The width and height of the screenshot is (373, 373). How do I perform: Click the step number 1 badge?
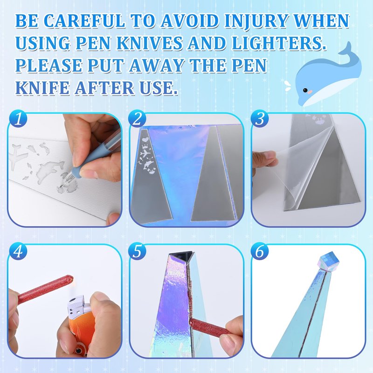(x=18, y=118)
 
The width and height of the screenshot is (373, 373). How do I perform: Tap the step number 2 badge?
(x=137, y=118)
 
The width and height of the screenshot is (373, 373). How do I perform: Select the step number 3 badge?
(x=260, y=118)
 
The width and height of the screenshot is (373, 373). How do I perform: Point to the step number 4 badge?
(x=18, y=251)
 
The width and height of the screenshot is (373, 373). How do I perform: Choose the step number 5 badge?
(x=137, y=251)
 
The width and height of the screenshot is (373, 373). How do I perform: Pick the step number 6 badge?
(x=260, y=251)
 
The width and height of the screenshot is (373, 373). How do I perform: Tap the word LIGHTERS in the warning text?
(x=279, y=43)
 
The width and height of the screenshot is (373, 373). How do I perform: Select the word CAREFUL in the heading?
(x=85, y=21)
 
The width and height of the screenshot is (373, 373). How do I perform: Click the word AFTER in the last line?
(x=104, y=88)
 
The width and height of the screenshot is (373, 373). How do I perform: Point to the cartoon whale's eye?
(x=305, y=90)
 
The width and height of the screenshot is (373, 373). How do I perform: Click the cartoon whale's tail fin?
(x=347, y=49)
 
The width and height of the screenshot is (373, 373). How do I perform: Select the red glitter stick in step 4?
(x=45, y=289)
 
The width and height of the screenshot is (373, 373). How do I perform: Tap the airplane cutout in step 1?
(x=19, y=154)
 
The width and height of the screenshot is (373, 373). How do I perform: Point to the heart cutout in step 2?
(x=145, y=139)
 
